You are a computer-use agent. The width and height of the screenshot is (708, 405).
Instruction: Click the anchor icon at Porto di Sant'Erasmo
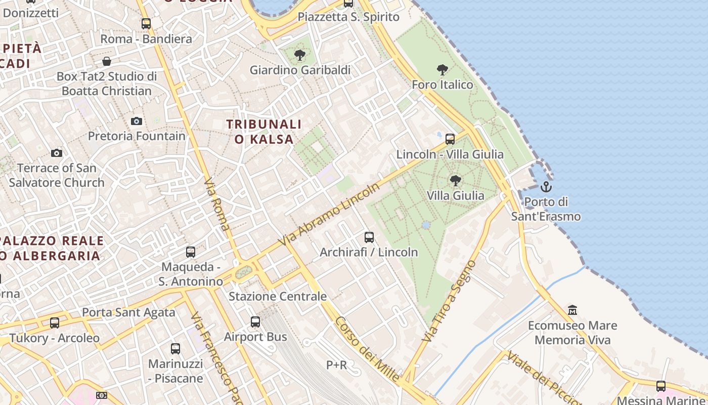pyautogui.click(x=546, y=187)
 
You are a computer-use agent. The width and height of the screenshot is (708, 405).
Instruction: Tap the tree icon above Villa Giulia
pyautogui.click(x=455, y=180)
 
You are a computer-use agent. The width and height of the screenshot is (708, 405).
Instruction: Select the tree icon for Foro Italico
pyautogui.click(x=442, y=70)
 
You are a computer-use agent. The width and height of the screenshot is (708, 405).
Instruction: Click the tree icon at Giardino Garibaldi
pyautogui.click(x=300, y=55)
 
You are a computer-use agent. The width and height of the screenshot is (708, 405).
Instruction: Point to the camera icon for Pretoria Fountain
pyautogui.click(x=137, y=121)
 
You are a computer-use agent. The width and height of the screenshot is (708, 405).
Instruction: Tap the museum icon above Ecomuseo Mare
pyautogui.click(x=572, y=310)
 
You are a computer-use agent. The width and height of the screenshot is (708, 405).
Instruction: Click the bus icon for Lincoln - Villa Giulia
pyautogui.click(x=450, y=139)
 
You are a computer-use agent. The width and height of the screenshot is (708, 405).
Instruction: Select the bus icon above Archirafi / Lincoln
pyautogui.click(x=369, y=237)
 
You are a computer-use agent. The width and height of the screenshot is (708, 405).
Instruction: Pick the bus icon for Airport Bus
pyautogui.click(x=255, y=321)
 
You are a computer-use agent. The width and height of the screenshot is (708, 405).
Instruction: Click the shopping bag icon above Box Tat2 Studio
pyautogui.click(x=107, y=61)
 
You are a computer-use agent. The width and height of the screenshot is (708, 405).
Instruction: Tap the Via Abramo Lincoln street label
pyautogui.click(x=329, y=215)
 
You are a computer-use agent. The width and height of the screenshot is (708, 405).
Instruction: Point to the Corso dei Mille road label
pyautogui.click(x=367, y=349)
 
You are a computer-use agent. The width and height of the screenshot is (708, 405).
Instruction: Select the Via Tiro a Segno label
pyautogui.click(x=450, y=301)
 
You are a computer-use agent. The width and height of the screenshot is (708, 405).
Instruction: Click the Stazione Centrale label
pyautogui.click(x=278, y=296)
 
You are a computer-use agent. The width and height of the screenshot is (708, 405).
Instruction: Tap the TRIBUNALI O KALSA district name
pyautogui.click(x=263, y=132)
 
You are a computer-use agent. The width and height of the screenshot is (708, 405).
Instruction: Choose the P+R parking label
pyautogui.click(x=336, y=364)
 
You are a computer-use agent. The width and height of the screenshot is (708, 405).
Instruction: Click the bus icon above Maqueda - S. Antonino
pyautogui.click(x=191, y=252)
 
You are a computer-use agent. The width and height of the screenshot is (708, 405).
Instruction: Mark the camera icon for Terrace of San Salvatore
pyautogui.click(x=57, y=153)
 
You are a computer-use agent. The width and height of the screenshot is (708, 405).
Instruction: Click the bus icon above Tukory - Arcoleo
pyautogui.click(x=54, y=322)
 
